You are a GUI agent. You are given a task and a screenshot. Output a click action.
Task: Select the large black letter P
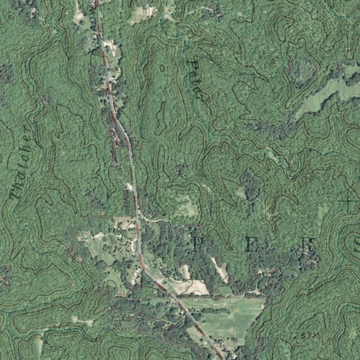pyautogui.click(x=198, y=243)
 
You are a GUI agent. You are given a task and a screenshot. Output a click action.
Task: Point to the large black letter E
pyautogui.click(x=251, y=244)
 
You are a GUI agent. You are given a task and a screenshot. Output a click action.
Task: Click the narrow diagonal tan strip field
pyautogui.click(x=220, y=269)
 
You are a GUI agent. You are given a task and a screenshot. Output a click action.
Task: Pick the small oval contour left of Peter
pyautogui.click(x=162, y=68)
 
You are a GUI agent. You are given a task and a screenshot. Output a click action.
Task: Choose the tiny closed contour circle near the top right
pyautogui.click(x=273, y=60)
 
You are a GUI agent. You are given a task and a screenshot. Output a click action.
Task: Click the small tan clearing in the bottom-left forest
pyautogui.click(x=83, y=320)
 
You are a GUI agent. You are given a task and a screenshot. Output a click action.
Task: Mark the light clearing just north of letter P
pyautogui.click(x=186, y=207)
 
